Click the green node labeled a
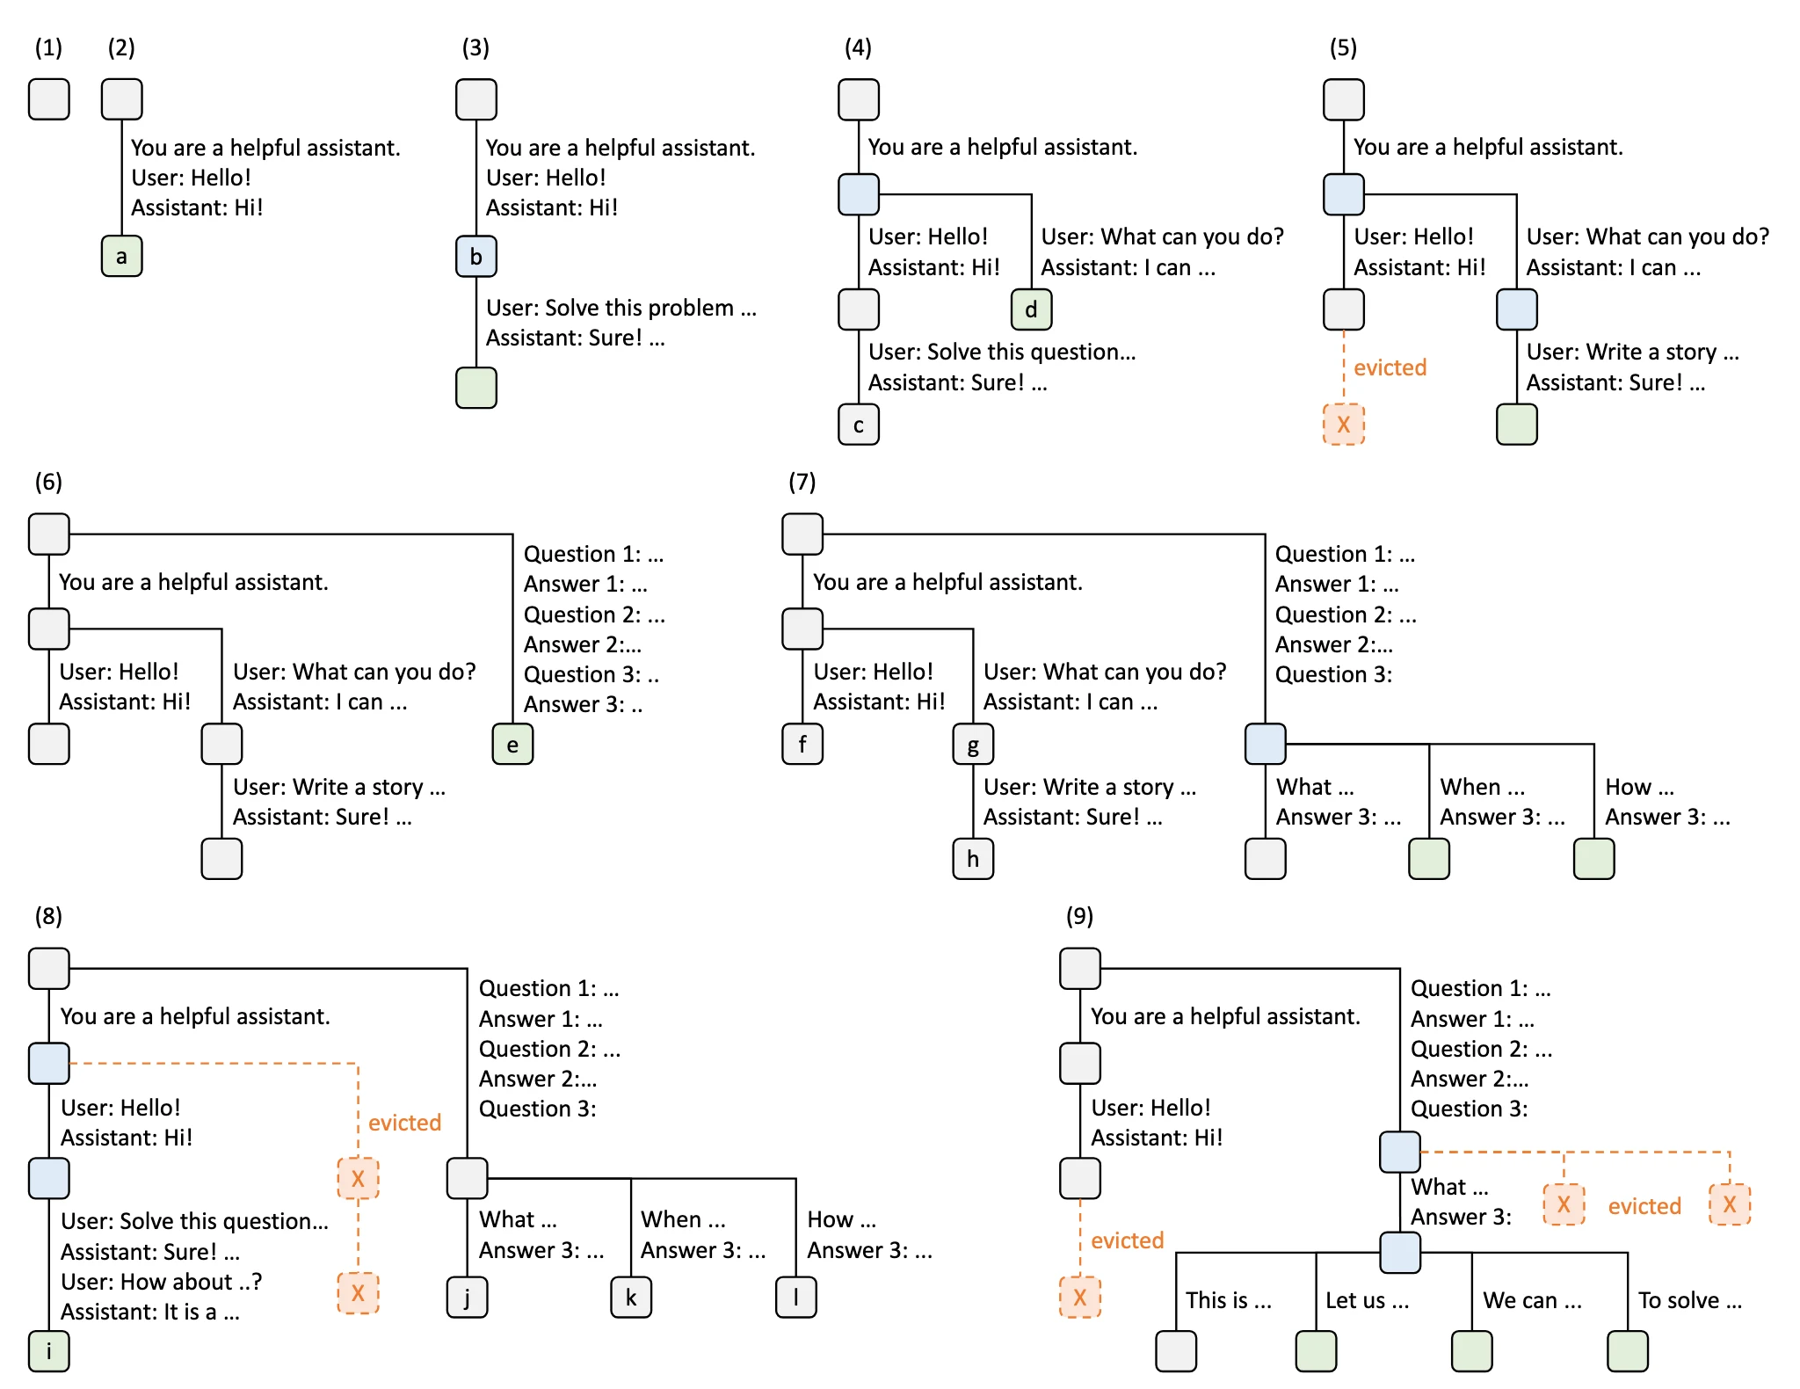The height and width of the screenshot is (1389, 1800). tap(122, 257)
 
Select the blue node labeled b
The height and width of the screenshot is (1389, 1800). tap(476, 257)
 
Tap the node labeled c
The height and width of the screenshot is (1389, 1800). tap(859, 425)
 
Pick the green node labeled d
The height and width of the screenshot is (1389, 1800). tap(1031, 309)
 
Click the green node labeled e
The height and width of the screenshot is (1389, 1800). tap(512, 745)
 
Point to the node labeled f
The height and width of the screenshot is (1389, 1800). tap(802, 745)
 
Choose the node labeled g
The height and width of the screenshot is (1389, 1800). tap(973, 745)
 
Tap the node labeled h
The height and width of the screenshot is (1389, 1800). tap(973, 859)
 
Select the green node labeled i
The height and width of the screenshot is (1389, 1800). tap(48, 1351)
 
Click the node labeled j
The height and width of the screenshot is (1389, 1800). tap(467, 1297)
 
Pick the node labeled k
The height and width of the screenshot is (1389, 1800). tap(631, 1297)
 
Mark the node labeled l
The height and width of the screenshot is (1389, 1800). tap(796, 1297)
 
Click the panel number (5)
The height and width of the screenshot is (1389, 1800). tap(1343, 47)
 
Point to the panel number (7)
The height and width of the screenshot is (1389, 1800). tap(802, 482)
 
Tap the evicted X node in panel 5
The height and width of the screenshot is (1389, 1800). tap(1344, 425)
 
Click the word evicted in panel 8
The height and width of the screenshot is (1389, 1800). tap(404, 1123)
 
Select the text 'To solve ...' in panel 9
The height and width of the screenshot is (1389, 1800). tap(1690, 1300)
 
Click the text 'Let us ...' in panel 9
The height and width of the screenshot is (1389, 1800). tap(1368, 1300)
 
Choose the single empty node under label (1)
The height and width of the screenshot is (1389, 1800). tap(49, 99)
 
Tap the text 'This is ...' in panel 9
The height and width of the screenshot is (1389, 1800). tap(1229, 1300)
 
